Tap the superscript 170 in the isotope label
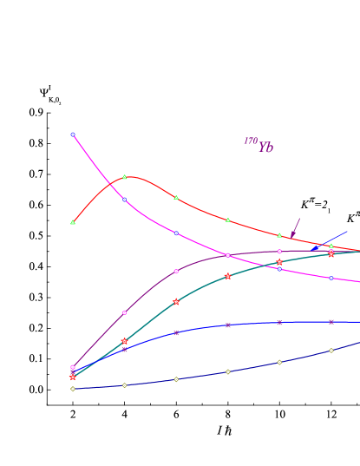point(250,141)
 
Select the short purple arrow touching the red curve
point(296,227)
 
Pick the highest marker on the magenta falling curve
point(72,135)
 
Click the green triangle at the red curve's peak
point(124,177)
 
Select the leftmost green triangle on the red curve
point(73,222)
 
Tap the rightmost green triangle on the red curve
point(331,246)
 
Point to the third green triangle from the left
point(176,198)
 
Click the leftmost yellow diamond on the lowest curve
point(73,389)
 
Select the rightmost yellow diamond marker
point(331,351)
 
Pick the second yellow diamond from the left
point(124,385)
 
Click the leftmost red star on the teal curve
point(73,377)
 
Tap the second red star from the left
point(124,341)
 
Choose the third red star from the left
point(176,302)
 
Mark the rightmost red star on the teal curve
point(331,254)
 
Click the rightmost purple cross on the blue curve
point(331,322)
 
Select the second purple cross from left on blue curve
point(124,350)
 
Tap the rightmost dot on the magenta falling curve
point(331,278)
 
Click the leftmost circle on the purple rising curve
point(73,367)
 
